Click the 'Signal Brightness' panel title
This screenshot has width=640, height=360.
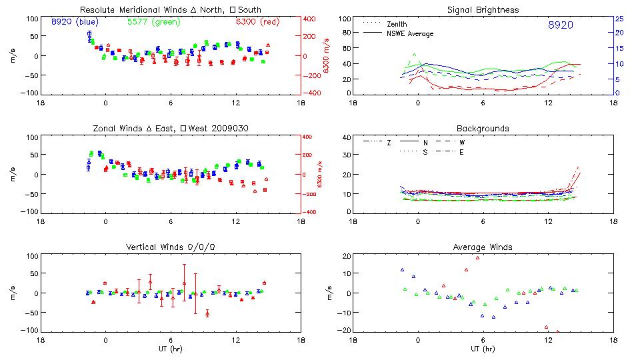tap(483, 10)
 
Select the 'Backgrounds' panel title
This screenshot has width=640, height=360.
tap(483, 128)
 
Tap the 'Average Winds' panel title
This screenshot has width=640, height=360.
tap(483, 247)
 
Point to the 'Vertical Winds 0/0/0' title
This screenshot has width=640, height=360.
tap(171, 247)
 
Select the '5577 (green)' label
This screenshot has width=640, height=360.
tap(153, 22)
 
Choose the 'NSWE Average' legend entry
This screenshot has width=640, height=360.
tap(410, 33)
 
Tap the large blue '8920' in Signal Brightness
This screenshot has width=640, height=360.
tap(560, 25)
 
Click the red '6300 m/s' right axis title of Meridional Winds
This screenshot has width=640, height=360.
tap(327, 56)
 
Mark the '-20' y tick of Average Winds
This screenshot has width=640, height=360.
tap(345, 331)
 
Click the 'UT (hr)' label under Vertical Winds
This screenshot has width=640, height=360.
tap(171, 349)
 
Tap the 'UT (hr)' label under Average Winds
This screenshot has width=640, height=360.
tap(483, 349)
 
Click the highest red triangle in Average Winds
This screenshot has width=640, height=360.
tap(477, 257)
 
